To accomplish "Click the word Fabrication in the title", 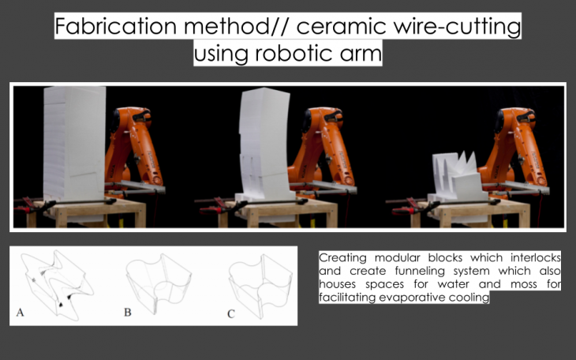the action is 116,26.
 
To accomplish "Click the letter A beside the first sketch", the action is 21,313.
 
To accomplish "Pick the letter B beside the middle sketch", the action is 128,312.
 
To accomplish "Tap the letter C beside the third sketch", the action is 230,314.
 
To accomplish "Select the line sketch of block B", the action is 159,283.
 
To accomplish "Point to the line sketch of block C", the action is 261,285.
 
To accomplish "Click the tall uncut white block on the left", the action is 75,144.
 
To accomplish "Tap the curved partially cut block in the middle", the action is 264,145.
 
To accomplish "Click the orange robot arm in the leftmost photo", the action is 134,151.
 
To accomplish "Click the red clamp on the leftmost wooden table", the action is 29,206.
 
